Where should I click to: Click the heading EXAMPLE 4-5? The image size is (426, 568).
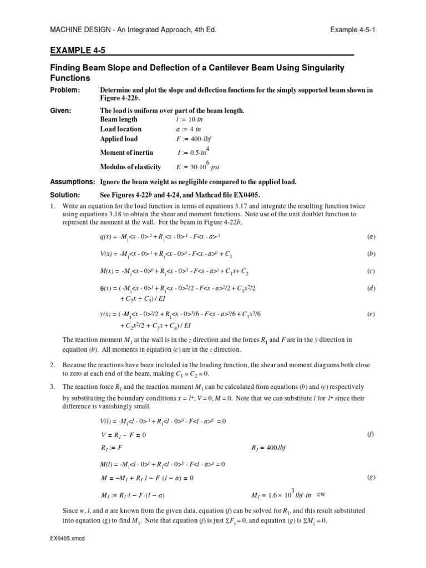(x=77, y=50)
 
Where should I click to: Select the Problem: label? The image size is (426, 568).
(x=65, y=90)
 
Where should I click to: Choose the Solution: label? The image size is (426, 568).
(x=65, y=195)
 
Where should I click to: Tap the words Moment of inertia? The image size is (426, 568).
(x=126, y=153)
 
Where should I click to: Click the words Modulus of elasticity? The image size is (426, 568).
(x=130, y=167)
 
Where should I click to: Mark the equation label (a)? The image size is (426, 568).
(x=372, y=237)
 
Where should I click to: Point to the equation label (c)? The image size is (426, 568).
(x=372, y=271)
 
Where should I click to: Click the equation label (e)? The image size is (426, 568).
(x=372, y=314)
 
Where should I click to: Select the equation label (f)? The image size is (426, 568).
(x=371, y=435)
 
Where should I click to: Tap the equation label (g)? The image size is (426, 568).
(x=371, y=478)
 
